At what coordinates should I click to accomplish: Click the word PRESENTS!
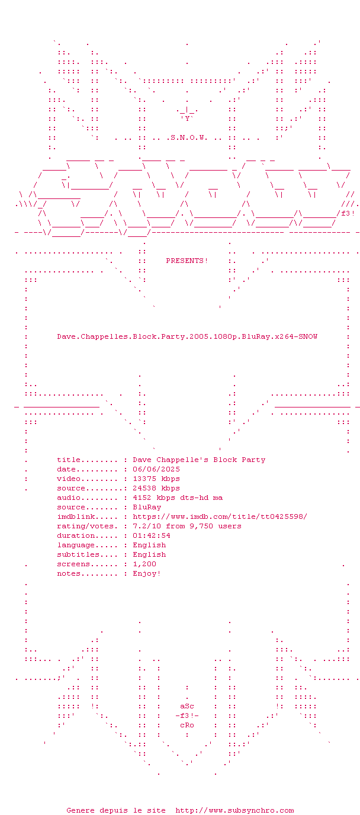[x=187, y=261]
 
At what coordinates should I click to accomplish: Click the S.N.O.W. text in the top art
[x=189, y=137]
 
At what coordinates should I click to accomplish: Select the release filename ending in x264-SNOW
[x=187, y=336]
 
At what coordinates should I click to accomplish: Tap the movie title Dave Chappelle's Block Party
[x=199, y=460]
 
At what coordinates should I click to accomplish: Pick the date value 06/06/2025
[x=156, y=469]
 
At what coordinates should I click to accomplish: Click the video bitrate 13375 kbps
[x=156, y=479]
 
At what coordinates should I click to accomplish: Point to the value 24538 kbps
[x=156, y=488]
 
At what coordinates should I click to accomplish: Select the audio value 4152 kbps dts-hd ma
[x=178, y=498]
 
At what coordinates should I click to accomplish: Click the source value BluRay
[x=147, y=507]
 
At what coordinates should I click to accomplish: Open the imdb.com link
[x=220, y=516]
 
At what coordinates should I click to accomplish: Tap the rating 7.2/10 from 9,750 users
[x=187, y=526]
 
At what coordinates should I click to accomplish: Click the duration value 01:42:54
[x=152, y=535]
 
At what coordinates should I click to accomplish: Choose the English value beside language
[x=149, y=545]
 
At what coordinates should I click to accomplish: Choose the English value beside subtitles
[x=149, y=554]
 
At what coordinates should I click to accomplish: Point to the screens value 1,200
[x=144, y=564]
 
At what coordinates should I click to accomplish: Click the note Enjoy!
[x=147, y=573]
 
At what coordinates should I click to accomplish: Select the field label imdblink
[x=76, y=516]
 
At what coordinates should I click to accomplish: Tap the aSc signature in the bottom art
[x=187, y=706]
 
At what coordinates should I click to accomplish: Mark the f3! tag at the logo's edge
[x=348, y=213]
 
